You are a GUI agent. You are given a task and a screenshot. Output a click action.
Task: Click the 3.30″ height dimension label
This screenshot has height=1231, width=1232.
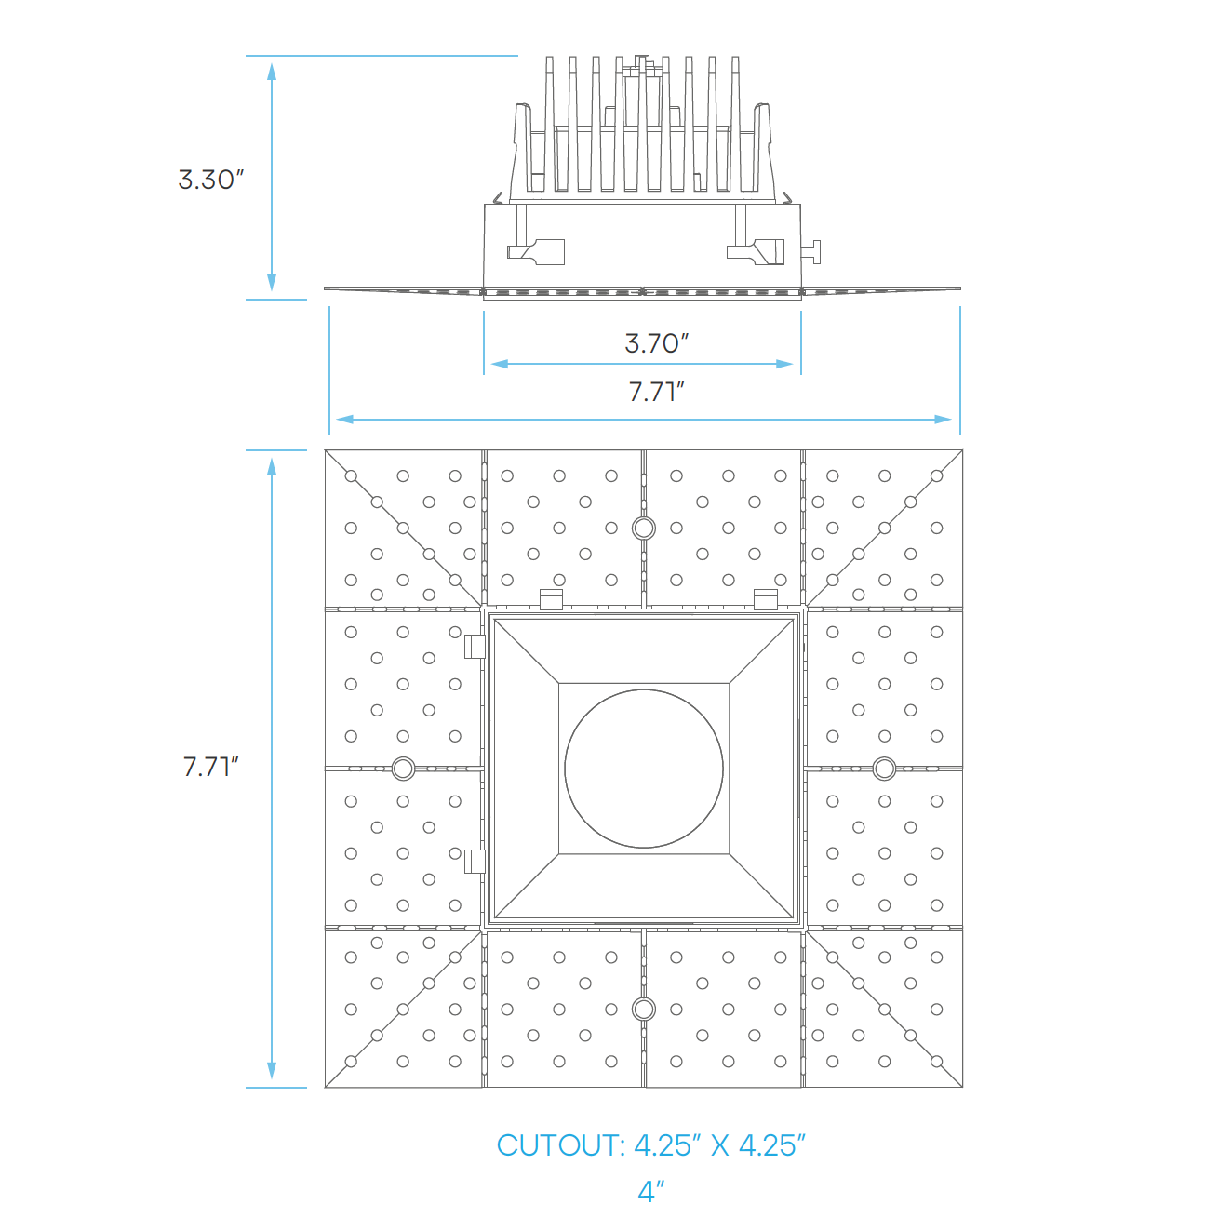click(x=210, y=180)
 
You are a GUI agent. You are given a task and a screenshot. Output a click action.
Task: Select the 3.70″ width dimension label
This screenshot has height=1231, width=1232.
click(x=656, y=343)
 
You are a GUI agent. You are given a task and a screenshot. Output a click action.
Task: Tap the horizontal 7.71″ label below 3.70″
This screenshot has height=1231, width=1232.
click(x=656, y=392)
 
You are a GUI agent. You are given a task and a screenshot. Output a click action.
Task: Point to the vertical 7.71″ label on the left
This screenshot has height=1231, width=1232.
click(x=210, y=767)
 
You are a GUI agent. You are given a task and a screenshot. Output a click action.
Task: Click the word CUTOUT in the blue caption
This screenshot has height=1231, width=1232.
click(x=560, y=1145)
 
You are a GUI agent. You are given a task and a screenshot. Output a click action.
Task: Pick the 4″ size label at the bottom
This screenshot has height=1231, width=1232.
click(x=651, y=1191)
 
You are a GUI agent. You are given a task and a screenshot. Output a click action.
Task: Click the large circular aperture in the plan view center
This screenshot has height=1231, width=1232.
click(x=644, y=769)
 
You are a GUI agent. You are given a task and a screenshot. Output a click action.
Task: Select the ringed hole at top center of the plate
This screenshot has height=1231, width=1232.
click(x=643, y=529)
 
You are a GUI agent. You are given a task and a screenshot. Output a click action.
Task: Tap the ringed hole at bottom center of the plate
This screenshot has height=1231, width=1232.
click(x=643, y=1009)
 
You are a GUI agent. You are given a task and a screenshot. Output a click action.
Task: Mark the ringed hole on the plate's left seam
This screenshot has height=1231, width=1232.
click(x=403, y=769)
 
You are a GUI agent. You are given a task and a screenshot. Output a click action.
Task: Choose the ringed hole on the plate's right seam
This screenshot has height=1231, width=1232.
click(x=884, y=769)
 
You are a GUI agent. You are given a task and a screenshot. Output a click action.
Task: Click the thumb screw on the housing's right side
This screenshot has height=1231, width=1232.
click(x=812, y=251)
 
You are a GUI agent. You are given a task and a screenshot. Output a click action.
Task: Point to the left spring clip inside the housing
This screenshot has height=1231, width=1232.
click(x=536, y=252)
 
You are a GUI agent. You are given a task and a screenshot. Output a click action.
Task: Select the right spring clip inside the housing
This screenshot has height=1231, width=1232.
click(x=757, y=251)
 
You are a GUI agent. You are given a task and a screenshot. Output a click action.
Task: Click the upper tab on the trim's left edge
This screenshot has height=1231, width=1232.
click(x=475, y=646)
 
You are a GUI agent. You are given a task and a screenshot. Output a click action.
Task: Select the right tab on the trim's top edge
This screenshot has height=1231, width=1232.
click(x=766, y=599)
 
